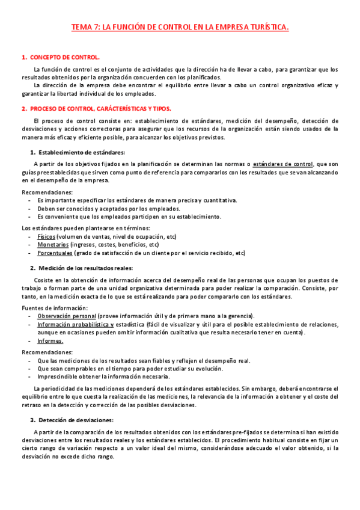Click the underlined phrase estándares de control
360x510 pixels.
[x=283, y=163]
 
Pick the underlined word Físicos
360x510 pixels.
[x=46, y=236]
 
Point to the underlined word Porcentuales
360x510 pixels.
[x=55, y=253]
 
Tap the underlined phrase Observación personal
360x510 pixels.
[x=67, y=316]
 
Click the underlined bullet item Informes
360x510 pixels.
[x=50, y=340]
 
